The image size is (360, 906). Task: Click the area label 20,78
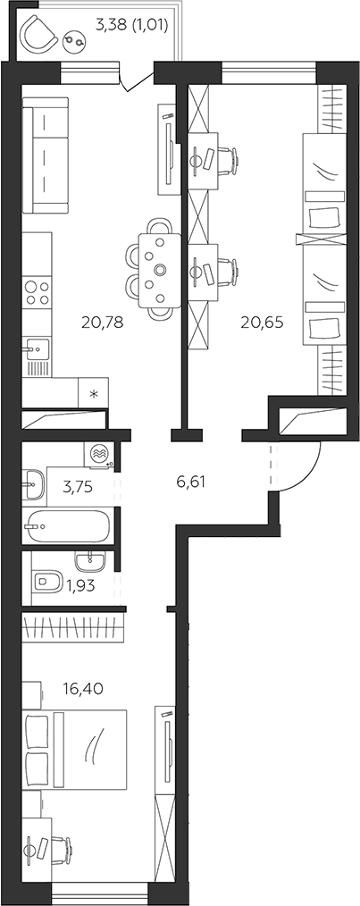(x=103, y=323)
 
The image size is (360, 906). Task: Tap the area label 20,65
(x=263, y=323)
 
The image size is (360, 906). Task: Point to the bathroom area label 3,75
(x=78, y=486)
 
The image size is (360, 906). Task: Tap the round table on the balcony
(x=76, y=40)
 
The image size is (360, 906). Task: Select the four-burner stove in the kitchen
(x=37, y=292)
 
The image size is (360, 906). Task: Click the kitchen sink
(x=36, y=349)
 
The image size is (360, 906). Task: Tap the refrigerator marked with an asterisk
(x=93, y=392)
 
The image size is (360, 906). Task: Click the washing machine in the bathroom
(x=99, y=455)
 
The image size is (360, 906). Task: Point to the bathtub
(x=67, y=525)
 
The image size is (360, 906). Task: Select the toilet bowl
(x=47, y=581)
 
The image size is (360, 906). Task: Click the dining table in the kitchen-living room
(x=158, y=270)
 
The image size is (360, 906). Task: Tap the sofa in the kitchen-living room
(x=46, y=155)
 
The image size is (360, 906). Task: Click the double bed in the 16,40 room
(x=75, y=750)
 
